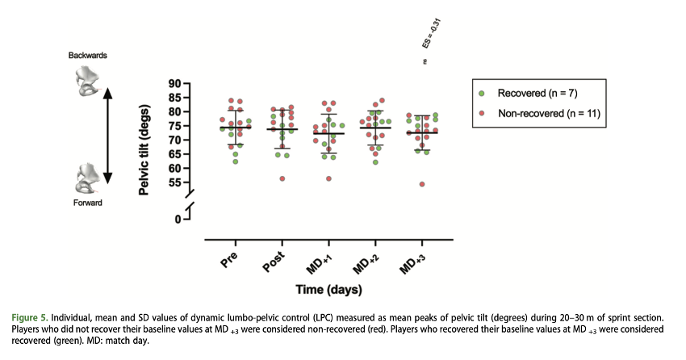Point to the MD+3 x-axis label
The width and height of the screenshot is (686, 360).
[x=418, y=264]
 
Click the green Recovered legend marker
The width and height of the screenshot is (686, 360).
[x=482, y=93]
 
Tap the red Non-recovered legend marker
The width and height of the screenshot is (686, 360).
[x=482, y=113]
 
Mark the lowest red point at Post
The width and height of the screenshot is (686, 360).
[x=282, y=178]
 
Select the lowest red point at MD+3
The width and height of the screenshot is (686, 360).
[x=422, y=184]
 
